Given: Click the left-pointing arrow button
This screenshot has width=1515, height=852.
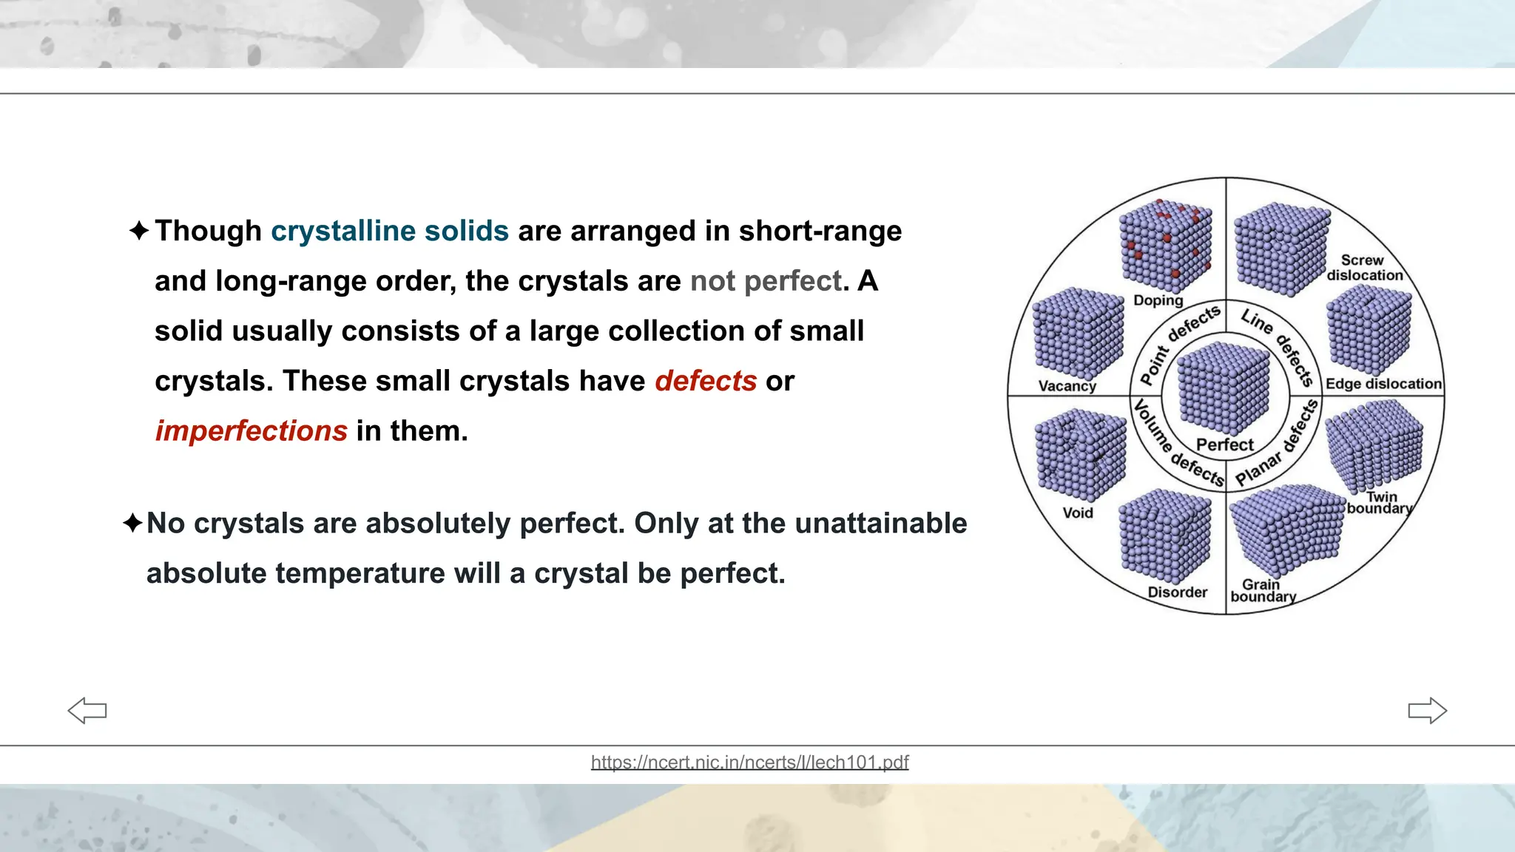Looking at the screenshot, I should (87, 711).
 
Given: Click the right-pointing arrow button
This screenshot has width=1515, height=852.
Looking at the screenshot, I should (1427, 711).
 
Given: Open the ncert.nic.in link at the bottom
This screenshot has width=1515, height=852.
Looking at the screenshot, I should (749, 762).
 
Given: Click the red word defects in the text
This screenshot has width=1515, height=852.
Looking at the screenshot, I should (705, 381).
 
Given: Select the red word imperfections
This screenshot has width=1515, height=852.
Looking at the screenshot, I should (251, 430).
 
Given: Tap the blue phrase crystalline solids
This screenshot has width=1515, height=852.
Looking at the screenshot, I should (389, 231).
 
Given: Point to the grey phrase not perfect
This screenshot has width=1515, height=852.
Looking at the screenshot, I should (766, 281).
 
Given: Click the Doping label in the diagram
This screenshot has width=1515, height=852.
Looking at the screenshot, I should (1158, 300).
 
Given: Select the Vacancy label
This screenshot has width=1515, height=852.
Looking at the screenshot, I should (1067, 386).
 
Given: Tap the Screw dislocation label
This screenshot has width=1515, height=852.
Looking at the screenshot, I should (1364, 268).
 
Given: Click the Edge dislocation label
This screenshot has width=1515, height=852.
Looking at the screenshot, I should (1383, 384).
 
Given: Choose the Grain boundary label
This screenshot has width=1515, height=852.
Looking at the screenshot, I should (1263, 591).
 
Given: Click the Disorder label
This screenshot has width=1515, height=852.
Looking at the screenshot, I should (1177, 592).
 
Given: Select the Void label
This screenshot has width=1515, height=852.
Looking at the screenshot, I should (1077, 513).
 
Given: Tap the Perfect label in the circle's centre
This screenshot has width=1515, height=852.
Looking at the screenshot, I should (1225, 444).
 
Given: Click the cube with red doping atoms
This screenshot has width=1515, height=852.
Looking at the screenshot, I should (1165, 246).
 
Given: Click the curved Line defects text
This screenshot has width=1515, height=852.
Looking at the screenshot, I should (1278, 345).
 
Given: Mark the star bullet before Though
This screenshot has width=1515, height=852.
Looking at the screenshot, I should (138, 231).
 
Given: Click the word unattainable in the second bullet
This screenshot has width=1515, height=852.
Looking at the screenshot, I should (880, 523).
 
